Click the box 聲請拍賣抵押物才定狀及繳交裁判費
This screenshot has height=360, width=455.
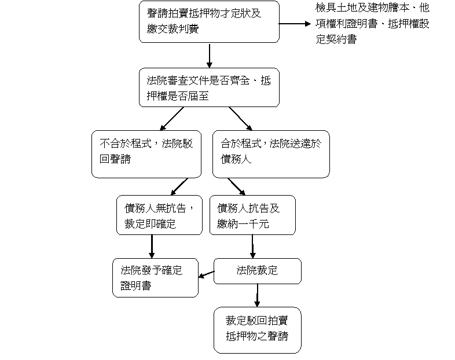tap(209, 22)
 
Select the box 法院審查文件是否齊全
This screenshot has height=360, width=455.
tap(209, 87)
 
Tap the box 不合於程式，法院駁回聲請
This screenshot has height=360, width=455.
tap(146, 154)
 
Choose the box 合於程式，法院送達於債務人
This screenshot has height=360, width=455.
tap(271, 154)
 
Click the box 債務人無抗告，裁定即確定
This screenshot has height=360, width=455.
tap(159, 215)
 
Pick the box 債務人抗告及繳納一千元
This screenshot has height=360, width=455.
tap(252, 215)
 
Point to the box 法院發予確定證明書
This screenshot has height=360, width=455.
tap(155, 278)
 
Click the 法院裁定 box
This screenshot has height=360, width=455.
tap(258, 271)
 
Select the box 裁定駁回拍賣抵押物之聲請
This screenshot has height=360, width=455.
tap(258, 330)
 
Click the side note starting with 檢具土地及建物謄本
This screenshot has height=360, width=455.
tap(372, 23)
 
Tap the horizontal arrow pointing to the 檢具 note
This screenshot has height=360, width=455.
tap(295, 24)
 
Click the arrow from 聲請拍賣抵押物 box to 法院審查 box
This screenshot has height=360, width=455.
tap(209, 56)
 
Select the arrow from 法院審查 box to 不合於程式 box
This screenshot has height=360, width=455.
tap(172, 119)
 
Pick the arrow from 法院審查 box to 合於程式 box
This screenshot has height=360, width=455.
tap(241, 119)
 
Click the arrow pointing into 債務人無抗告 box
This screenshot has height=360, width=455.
tap(179, 186)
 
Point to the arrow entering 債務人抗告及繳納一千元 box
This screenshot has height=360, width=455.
tap(237, 186)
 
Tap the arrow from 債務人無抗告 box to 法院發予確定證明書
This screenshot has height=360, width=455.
tap(152, 247)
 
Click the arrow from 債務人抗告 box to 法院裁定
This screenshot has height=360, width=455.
tap(252, 247)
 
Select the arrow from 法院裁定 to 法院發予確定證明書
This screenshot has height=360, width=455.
tap(206, 274)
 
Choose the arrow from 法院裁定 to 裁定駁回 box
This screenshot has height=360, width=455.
tap(257, 295)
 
